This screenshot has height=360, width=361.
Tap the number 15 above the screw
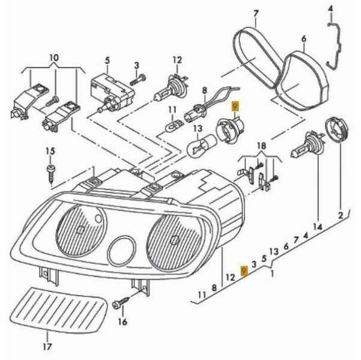[50, 150]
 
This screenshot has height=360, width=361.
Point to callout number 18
[261, 146]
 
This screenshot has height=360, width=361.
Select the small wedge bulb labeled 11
[173, 127]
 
